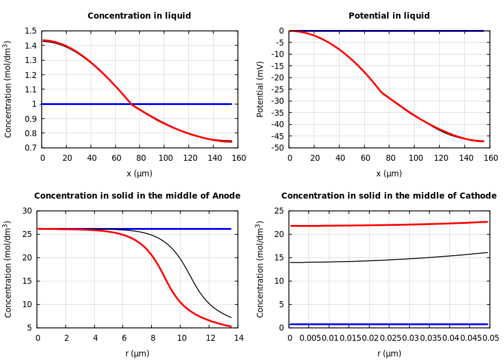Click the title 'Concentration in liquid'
(139, 16)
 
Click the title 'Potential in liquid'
(389, 16)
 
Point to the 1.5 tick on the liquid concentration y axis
(30, 31)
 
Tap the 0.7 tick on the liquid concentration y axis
(30, 148)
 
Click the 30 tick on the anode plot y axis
(26, 211)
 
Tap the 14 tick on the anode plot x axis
(239, 338)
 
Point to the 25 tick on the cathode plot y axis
(278, 211)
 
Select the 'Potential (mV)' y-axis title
(260, 89)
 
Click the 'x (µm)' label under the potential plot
(389, 174)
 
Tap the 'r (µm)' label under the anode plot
(137, 354)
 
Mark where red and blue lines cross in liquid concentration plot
(133, 104)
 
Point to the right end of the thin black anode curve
(231, 317)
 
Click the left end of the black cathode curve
(290, 262)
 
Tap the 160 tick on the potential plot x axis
(491, 158)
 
